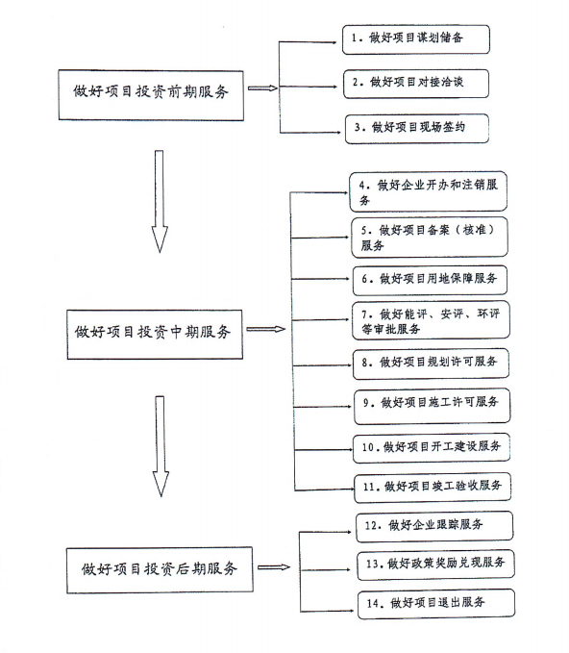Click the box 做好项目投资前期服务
coord(151,95)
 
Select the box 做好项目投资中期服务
coord(155,334)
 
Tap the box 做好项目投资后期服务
coord(160,569)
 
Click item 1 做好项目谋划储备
coord(416,39)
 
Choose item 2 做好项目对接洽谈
coord(416,84)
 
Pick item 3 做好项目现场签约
coord(416,129)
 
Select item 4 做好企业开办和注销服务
coord(428,191)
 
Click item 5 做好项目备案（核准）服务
coord(429,237)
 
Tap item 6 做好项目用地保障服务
coord(430,280)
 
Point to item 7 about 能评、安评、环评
coord(431,320)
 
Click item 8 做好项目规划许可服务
coord(431,364)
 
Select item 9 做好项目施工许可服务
coord(433,406)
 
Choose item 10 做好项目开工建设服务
coord(432,448)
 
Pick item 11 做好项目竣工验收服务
coord(433,487)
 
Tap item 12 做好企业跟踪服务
coord(434,526)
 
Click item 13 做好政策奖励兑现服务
coord(435,565)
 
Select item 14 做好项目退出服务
coord(436,603)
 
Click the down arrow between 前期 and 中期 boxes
coord(160,201)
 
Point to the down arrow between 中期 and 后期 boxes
coord(161,446)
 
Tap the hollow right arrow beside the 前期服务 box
coord(262,88)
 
